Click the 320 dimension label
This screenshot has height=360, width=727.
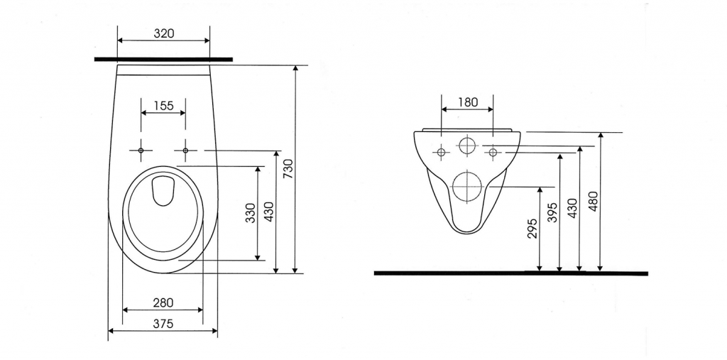click(x=164, y=33)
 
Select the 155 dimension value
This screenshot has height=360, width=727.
click(x=163, y=106)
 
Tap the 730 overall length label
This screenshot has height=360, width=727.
click(x=288, y=169)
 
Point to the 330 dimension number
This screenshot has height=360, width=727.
click(x=251, y=213)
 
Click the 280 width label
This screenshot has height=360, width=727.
click(x=163, y=302)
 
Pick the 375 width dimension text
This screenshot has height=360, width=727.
click(x=163, y=324)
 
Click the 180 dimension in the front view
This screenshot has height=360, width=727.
click(x=467, y=102)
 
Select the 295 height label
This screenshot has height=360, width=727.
click(x=532, y=228)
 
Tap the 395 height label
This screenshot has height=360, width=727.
click(x=552, y=212)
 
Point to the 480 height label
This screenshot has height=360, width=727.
click(x=593, y=200)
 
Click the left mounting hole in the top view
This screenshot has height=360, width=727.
click(x=141, y=151)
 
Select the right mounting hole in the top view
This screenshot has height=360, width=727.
click(x=185, y=151)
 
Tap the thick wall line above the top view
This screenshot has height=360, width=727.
click(x=163, y=60)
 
